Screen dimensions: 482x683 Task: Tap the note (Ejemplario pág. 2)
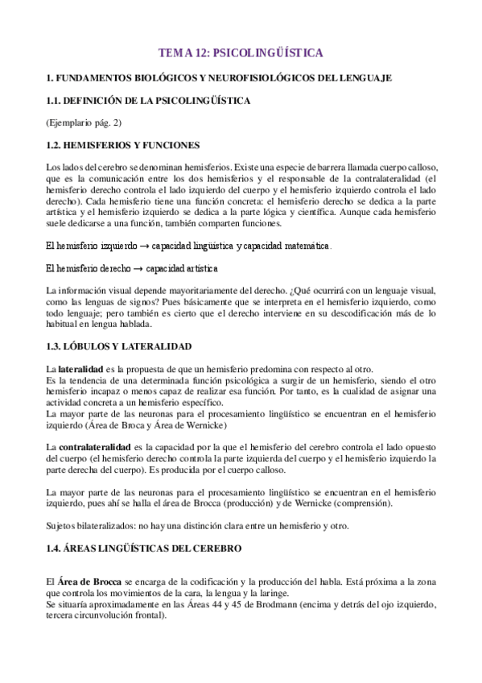click(84, 122)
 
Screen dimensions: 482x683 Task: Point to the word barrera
click(296, 167)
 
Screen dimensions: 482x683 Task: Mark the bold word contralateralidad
click(95, 446)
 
